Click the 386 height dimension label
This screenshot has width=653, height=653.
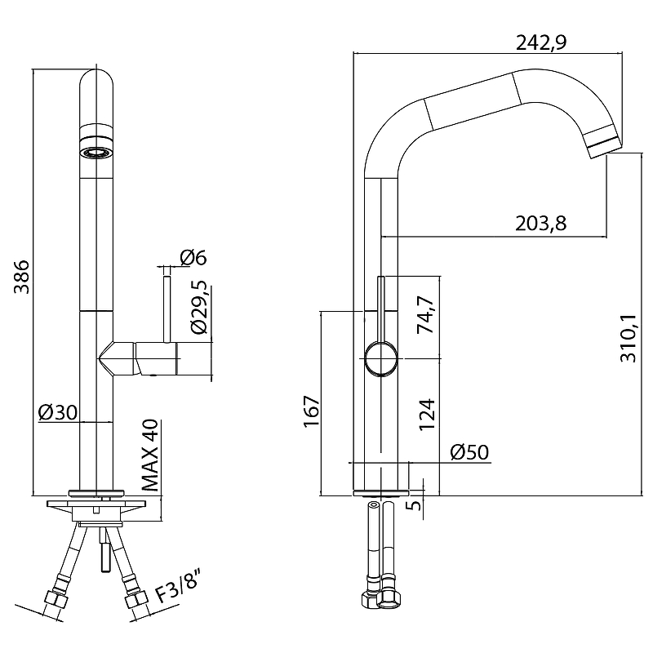coord(22,277)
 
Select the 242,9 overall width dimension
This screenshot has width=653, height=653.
coord(541,42)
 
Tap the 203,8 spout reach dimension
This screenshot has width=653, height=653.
coord(540,224)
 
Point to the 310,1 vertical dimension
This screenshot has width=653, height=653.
coord(629,338)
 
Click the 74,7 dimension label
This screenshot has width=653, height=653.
coord(425,314)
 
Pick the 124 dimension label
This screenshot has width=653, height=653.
coord(427,415)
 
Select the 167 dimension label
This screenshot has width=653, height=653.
coord(312,411)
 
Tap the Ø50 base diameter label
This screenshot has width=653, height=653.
coord(469,452)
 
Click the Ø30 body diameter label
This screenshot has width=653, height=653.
coord(58,412)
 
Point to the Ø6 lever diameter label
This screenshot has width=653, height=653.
coord(193,257)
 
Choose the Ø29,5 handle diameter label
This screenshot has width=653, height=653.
coord(198,307)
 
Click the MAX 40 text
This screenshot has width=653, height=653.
coord(150,455)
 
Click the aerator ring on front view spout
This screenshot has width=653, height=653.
coord(96,153)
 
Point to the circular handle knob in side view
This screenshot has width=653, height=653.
coord(380,359)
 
